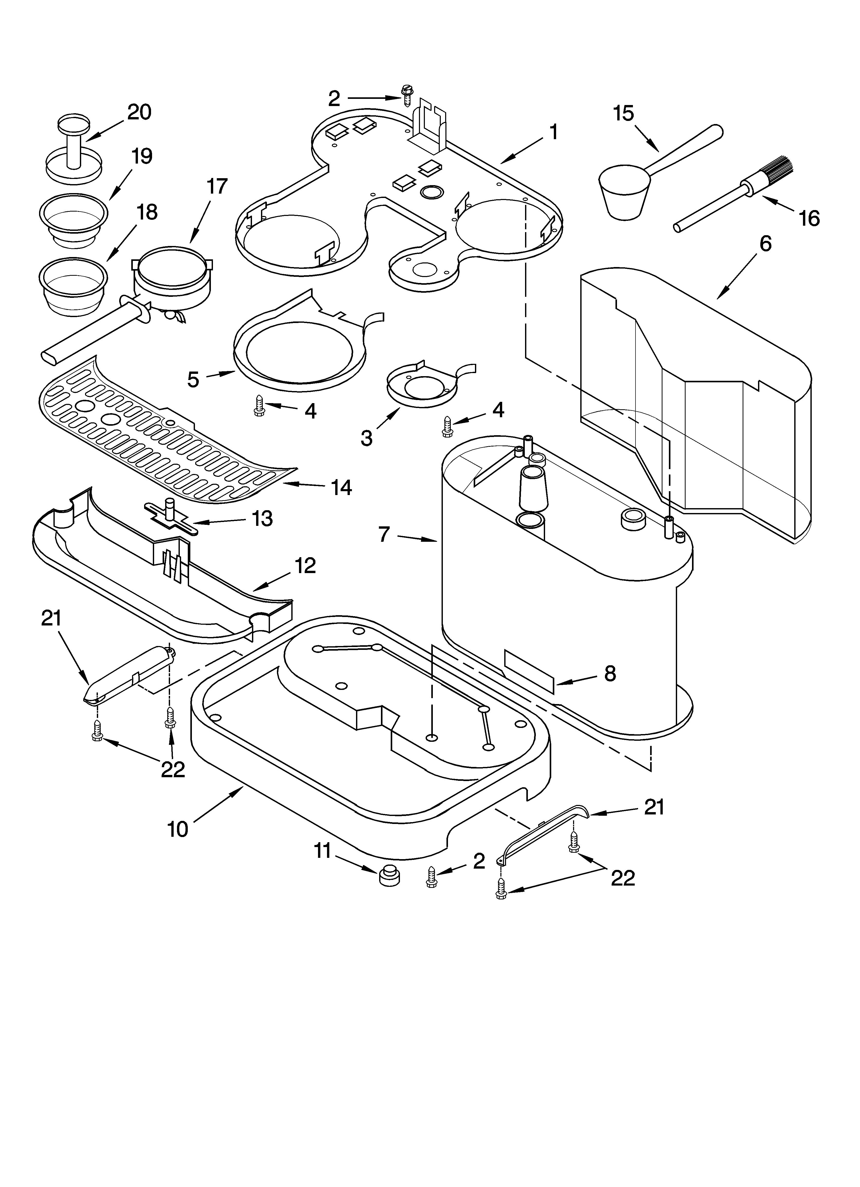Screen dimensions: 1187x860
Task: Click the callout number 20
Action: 139,112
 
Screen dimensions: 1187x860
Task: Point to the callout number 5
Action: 193,379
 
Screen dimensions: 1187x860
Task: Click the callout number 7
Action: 384,534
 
